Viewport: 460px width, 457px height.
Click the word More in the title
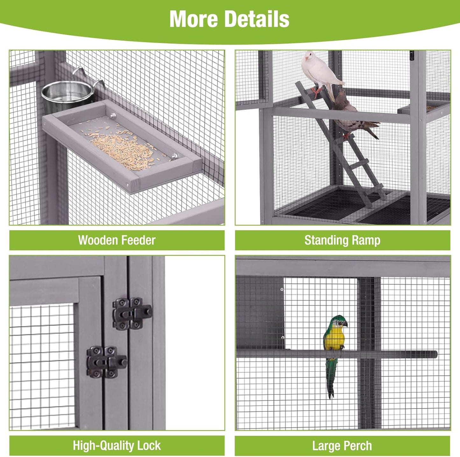[193, 19]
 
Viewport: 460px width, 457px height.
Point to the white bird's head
[309, 57]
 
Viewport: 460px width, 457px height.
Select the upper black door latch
[132, 314]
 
